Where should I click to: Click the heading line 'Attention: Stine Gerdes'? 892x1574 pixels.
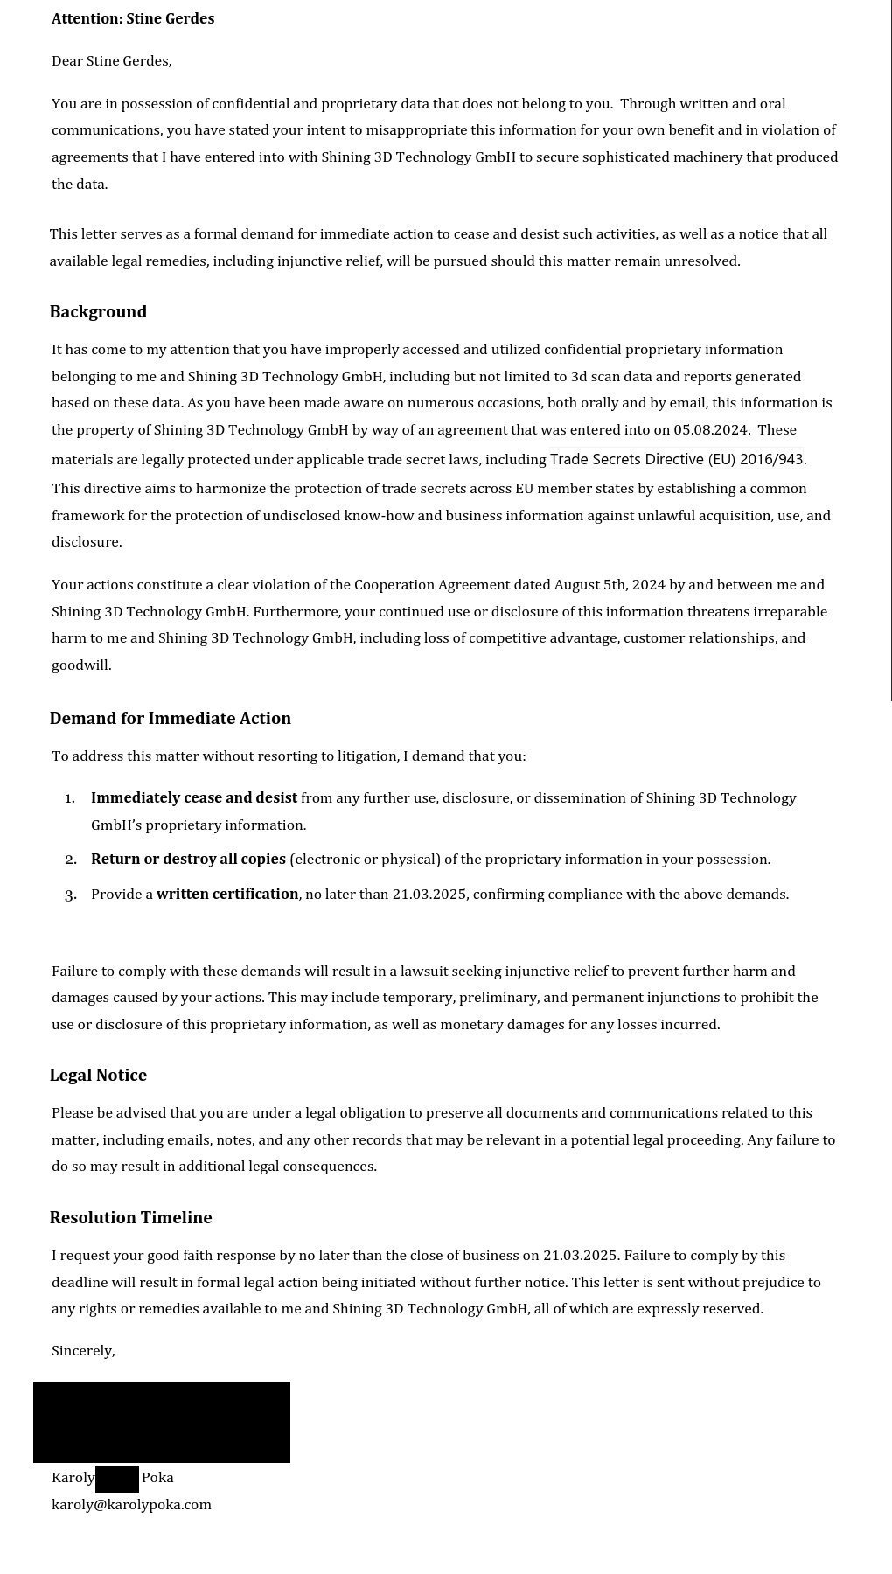(x=133, y=18)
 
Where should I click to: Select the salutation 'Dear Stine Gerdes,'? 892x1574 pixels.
(x=112, y=60)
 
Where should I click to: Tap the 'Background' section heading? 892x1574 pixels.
(x=98, y=311)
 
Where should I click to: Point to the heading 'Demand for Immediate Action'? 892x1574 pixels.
(x=170, y=718)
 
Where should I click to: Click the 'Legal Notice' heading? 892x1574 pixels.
(x=98, y=1075)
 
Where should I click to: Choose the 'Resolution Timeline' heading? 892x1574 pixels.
(x=130, y=1217)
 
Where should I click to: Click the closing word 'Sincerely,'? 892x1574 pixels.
(x=83, y=1350)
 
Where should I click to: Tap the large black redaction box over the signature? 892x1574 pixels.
(x=162, y=1422)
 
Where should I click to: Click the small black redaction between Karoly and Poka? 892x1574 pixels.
(x=117, y=1479)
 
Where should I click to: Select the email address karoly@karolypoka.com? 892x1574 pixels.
(x=131, y=1504)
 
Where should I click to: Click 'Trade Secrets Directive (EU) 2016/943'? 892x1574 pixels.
(x=676, y=459)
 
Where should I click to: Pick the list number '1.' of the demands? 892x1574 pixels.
(x=70, y=797)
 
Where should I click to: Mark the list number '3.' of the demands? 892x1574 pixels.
(x=70, y=894)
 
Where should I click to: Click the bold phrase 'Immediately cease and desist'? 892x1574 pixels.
(x=194, y=797)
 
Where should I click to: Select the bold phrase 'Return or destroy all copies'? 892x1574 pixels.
(x=188, y=859)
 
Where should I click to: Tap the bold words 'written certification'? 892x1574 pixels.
(x=227, y=894)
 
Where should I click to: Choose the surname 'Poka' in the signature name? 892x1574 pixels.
(x=157, y=1477)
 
